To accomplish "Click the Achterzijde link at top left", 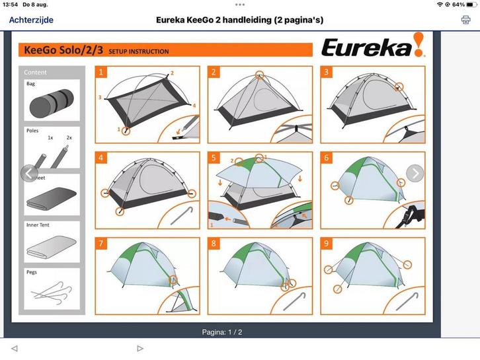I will tap(31, 20).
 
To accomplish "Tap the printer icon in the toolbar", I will tap(465, 20).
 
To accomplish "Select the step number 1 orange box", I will tap(101, 72).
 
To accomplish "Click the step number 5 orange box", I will tap(213, 158).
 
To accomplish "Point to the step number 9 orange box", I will tap(326, 244).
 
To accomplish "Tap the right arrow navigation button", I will tap(415, 173).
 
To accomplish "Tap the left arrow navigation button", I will tap(29, 173).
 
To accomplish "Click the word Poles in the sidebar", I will tap(32, 131).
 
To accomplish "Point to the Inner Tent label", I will tap(38, 225).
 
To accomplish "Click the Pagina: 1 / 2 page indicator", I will tap(222, 332).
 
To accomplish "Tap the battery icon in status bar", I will tap(470, 5).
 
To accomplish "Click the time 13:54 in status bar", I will tap(10, 5).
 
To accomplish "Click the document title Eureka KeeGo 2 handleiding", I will tap(239, 20).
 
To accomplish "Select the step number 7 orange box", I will tap(101, 244).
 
